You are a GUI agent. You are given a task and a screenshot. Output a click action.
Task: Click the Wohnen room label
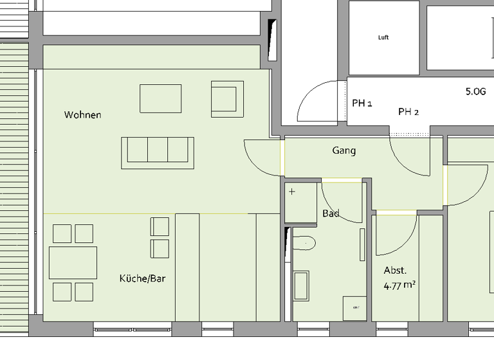click(x=82, y=115)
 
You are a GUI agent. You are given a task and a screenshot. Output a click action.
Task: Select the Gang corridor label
click(x=343, y=150)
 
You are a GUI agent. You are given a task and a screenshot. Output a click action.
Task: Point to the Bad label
click(x=331, y=213)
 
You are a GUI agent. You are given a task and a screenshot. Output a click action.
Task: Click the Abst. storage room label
click(x=396, y=271)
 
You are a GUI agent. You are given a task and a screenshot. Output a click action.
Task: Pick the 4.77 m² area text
click(x=399, y=285)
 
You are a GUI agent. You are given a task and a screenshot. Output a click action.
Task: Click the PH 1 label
click(x=362, y=103)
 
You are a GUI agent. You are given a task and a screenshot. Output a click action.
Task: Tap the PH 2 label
click(x=408, y=112)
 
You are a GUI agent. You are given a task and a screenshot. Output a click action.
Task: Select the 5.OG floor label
click(x=475, y=92)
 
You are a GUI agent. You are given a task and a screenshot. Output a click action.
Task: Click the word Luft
click(x=383, y=37)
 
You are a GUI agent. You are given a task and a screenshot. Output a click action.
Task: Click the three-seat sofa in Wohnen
click(x=158, y=152)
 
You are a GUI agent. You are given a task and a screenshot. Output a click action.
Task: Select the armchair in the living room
click(x=227, y=99)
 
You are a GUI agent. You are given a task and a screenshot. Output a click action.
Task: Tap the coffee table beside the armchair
click(x=161, y=99)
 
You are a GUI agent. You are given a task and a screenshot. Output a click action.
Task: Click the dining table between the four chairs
click(x=73, y=262)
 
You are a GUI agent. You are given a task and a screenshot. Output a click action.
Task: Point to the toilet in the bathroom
click(x=304, y=244)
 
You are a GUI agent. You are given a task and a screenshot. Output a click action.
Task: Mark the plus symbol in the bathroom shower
click(x=293, y=192)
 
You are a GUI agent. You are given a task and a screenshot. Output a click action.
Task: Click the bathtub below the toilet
click(x=301, y=285)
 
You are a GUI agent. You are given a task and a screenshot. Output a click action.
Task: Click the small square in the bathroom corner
click(x=354, y=307)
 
